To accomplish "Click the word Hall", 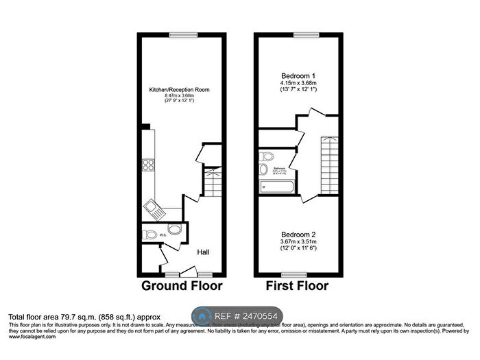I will coord(204,252).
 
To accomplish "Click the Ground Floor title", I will coord(182,285).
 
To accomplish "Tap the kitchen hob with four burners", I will coord(148,165).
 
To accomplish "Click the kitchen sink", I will coord(153,208).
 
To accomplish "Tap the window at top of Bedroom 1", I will coord(301,35).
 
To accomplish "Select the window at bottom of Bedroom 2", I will coord(296,274).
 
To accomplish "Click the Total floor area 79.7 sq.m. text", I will coord(84,317).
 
